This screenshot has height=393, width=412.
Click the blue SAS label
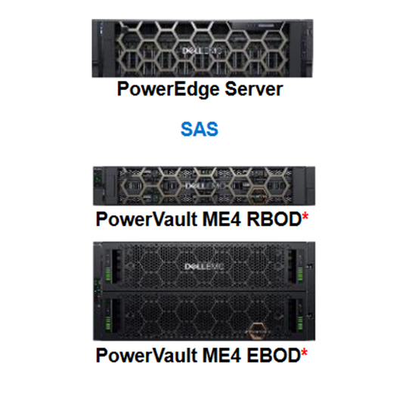[x=200, y=129]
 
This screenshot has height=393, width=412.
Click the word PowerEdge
[x=168, y=89]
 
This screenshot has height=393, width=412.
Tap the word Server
[x=254, y=89]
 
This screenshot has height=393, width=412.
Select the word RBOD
[x=274, y=219]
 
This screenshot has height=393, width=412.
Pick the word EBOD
[x=274, y=355]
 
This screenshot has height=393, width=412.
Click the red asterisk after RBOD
[x=305, y=216]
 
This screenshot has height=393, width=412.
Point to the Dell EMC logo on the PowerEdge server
[x=202, y=51]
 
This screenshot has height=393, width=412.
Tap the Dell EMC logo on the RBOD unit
[x=205, y=186]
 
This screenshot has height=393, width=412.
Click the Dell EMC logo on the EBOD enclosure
[x=204, y=267]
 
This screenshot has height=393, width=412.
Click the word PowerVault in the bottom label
[x=147, y=355]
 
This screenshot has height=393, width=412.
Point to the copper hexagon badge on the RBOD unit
[x=259, y=195]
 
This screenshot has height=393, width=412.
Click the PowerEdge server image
[x=203, y=48]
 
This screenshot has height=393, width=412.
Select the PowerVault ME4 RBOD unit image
[x=204, y=186]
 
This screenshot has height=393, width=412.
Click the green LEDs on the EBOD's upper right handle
[x=300, y=275]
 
